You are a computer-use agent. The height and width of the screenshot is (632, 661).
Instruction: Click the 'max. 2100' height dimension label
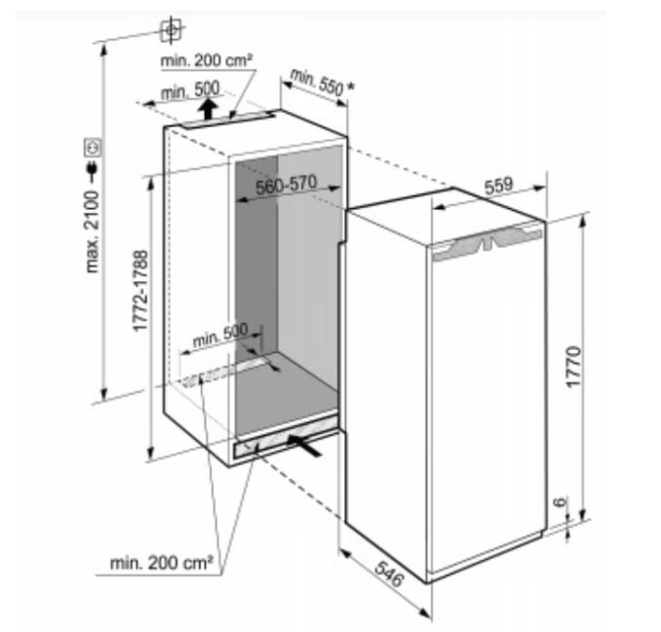point(92,231)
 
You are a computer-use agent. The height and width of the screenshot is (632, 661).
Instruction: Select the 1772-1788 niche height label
point(140,291)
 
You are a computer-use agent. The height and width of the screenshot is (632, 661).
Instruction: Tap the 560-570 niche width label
point(287,186)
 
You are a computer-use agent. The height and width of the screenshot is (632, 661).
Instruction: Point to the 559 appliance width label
point(499,186)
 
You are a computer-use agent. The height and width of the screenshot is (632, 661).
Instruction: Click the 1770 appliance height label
point(574,367)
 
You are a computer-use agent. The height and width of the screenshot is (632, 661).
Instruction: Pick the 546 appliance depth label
point(389,574)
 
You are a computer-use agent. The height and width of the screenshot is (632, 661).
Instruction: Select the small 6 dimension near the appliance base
point(560,502)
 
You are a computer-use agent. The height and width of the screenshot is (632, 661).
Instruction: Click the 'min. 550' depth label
point(317,83)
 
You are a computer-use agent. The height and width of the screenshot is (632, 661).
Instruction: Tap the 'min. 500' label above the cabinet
point(191,90)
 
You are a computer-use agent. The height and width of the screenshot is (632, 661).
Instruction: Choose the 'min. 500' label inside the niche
point(220,335)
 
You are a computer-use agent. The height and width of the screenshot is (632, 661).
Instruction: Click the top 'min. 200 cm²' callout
point(206,60)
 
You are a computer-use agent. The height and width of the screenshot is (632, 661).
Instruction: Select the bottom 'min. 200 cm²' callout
point(161,563)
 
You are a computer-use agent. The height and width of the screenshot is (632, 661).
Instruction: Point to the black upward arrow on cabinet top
point(207,109)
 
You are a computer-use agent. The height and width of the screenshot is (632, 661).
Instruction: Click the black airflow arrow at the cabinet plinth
point(304,445)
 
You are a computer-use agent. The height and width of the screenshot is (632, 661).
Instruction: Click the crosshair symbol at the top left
point(171,30)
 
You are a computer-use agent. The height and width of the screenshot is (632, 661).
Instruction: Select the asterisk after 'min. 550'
point(350,87)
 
